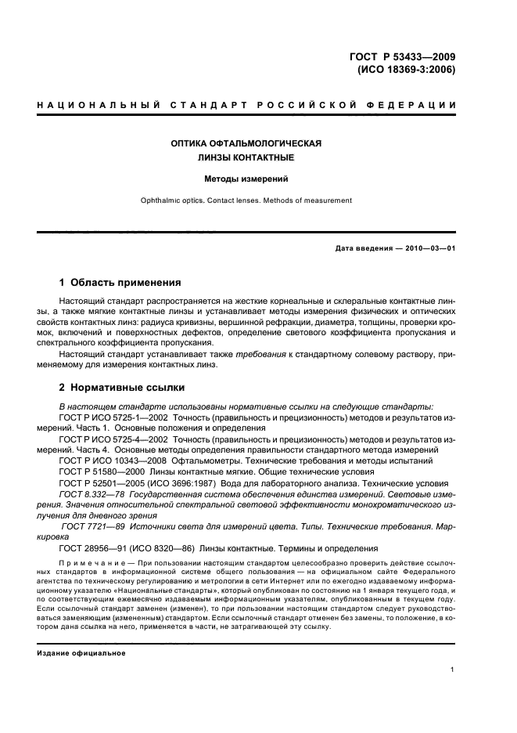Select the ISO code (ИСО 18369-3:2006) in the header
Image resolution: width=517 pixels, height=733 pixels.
405,69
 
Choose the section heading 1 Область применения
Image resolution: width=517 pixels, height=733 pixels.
120,282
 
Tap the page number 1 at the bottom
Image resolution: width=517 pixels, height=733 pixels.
452,670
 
